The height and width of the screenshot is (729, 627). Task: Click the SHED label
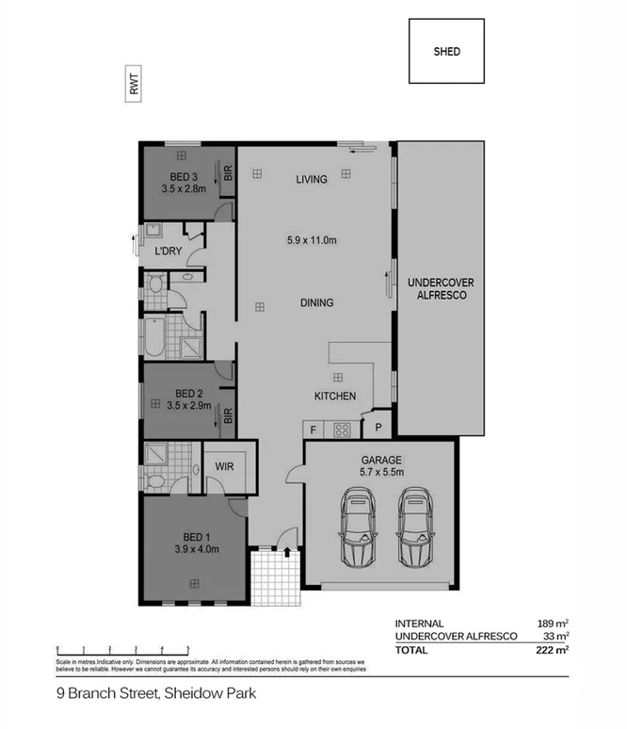click(446, 52)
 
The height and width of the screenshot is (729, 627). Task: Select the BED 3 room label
click(184, 176)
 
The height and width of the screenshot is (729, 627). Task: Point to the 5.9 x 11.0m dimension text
click(312, 240)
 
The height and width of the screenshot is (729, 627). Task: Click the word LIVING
click(311, 179)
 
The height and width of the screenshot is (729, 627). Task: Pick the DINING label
click(317, 303)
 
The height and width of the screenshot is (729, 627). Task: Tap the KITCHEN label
click(335, 397)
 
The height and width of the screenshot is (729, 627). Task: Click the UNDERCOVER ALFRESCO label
click(441, 288)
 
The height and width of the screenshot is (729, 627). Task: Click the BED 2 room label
click(189, 394)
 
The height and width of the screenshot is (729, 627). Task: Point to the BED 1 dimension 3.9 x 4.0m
click(196, 549)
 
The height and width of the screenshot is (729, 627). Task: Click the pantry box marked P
click(377, 427)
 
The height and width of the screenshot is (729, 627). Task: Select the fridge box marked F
click(313, 429)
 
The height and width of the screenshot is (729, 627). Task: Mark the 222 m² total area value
click(554, 650)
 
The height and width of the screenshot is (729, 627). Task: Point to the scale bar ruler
click(122, 648)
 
